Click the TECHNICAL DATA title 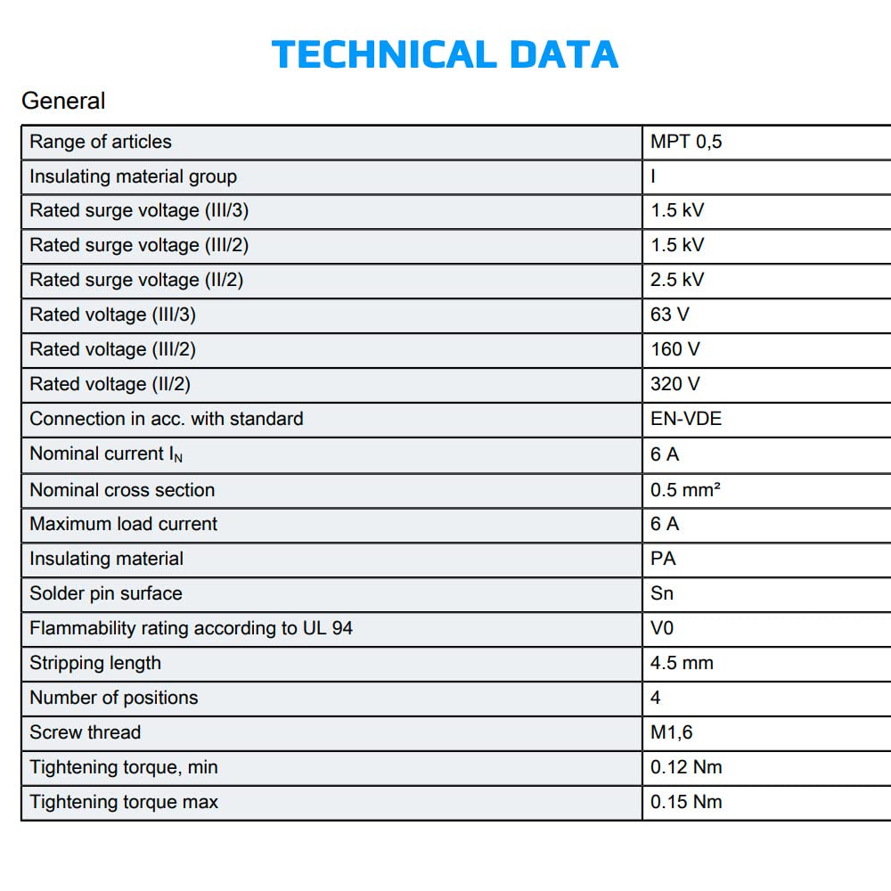tap(445, 54)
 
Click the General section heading tap(63, 101)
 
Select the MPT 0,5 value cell tap(686, 142)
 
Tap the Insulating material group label tap(133, 176)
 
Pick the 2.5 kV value tap(677, 280)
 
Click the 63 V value tap(670, 315)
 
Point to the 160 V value tap(675, 349)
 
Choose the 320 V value tap(675, 384)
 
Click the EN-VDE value tap(686, 419)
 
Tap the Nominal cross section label tap(122, 490)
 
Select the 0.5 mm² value tap(685, 490)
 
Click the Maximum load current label tap(123, 524)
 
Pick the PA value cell tap(664, 559)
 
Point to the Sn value tap(662, 593)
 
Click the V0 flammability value tap(662, 628)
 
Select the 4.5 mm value tap(682, 663)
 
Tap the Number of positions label tap(113, 698)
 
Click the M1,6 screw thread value tap(672, 732)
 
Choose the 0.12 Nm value tap(686, 767)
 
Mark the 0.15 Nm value tap(686, 802)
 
